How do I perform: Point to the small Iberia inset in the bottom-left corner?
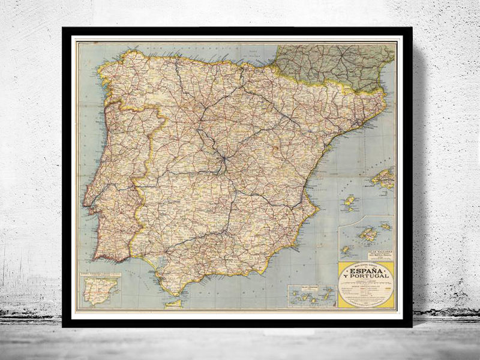pos(100,290)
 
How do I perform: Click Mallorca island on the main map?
pos(383,178)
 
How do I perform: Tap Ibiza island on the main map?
pos(349,202)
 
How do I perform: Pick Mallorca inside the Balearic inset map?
pos(367,234)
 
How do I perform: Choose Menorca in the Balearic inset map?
pos(386,227)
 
